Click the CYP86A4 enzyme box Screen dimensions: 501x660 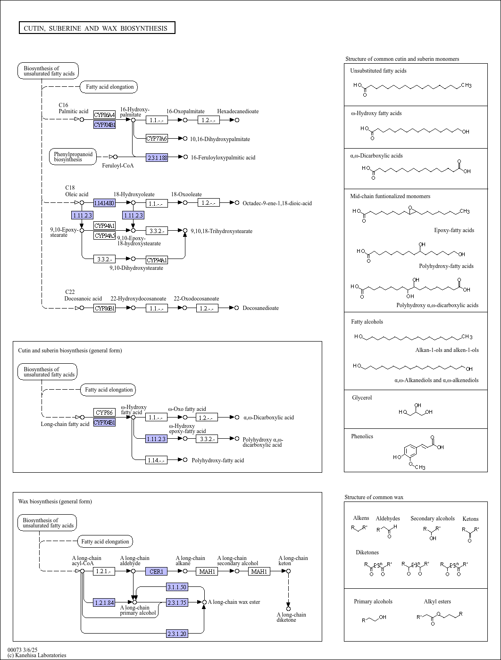click(x=104, y=115)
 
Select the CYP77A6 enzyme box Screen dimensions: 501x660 click(x=157, y=138)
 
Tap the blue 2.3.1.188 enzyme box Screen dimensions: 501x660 click(x=157, y=157)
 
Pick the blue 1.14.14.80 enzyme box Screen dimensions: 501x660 click(x=104, y=203)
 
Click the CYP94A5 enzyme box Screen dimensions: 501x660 click(x=104, y=235)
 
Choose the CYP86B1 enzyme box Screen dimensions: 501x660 click(x=104, y=308)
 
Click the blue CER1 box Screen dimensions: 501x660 click(x=156, y=571)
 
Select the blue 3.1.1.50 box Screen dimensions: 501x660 click(x=177, y=587)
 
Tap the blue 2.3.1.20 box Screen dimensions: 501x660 click(x=177, y=634)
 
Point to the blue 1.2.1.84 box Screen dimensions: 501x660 click(x=104, y=602)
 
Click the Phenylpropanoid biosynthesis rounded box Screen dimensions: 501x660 click(x=73, y=157)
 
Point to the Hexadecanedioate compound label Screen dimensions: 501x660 click(x=238, y=111)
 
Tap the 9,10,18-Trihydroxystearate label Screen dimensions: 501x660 click(x=222, y=231)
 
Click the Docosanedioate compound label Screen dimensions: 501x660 click(x=260, y=308)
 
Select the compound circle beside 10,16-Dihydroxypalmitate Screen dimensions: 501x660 click(x=185, y=138)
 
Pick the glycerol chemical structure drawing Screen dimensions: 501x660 click(x=416, y=410)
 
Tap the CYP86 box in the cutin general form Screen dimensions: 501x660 click(x=104, y=412)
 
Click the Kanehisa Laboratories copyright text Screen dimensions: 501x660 click(x=37, y=655)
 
